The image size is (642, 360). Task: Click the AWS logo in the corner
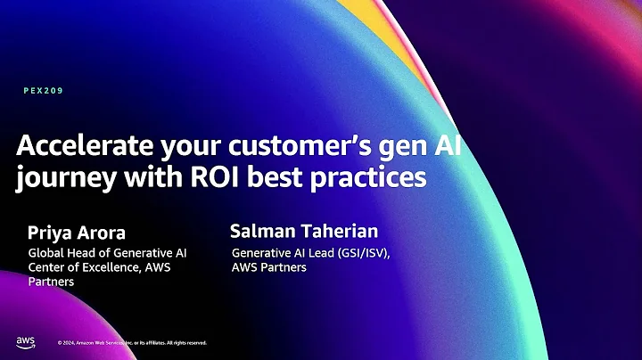click(x=24, y=341)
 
